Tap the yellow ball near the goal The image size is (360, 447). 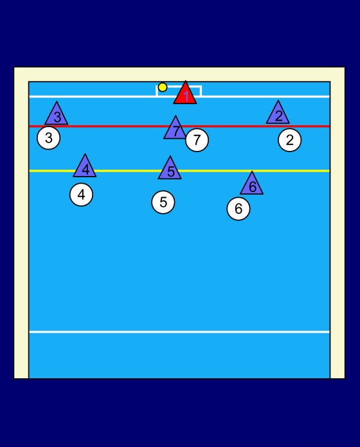[163, 87]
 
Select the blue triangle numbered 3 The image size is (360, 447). [57, 115]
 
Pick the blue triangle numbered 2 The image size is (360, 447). [278, 114]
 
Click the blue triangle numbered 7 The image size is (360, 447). [175, 130]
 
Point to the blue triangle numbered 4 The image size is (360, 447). [85, 168]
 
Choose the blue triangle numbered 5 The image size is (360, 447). [170, 170]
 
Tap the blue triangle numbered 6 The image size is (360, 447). [252, 186]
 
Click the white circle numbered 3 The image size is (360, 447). [49, 138]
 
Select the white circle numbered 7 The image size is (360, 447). [197, 140]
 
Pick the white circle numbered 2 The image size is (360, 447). [290, 140]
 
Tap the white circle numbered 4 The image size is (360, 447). [81, 195]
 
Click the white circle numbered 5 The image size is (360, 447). [163, 202]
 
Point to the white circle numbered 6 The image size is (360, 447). [239, 209]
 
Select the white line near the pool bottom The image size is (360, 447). [179, 332]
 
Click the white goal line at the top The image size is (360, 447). [94, 96]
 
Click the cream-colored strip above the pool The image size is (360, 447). [179, 74]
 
